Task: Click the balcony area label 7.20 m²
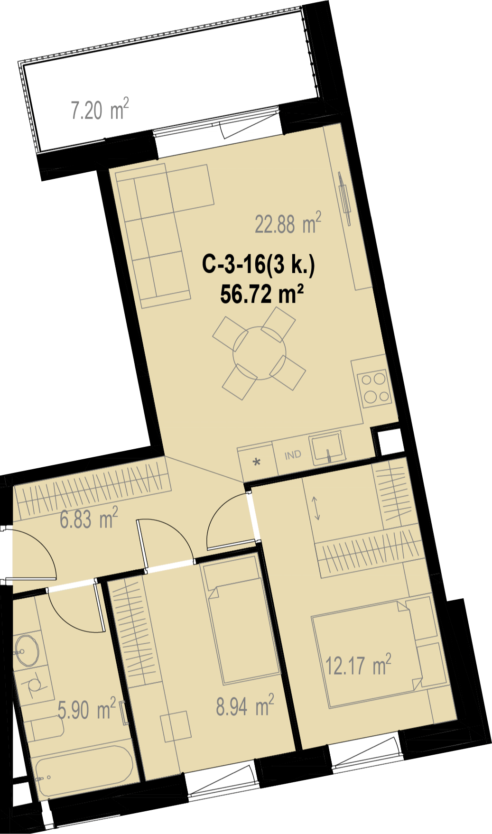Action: click(x=100, y=110)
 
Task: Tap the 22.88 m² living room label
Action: click(x=288, y=223)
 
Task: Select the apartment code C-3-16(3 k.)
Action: click(x=259, y=264)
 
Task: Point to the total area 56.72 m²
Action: click(x=262, y=294)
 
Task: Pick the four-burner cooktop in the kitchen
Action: click(x=375, y=389)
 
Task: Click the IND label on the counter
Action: click(x=293, y=455)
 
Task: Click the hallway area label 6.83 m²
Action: click(x=89, y=518)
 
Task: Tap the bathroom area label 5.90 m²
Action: click(x=87, y=709)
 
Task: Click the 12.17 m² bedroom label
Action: click(x=358, y=665)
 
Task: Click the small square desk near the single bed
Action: click(x=176, y=726)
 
